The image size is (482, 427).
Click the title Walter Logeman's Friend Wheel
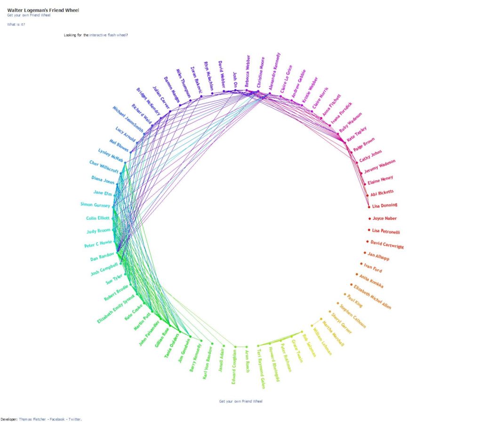(x=43, y=10)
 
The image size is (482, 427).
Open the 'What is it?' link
(x=16, y=24)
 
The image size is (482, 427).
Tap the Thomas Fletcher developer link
(x=33, y=419)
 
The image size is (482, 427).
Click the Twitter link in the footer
(x=75, y=419)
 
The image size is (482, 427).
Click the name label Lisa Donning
(x=385, y=206)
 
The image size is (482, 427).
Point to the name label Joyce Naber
(x=385, y=218)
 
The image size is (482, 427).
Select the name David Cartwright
(x=387, y=244)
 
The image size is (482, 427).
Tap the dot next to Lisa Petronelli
(x=369, y=230)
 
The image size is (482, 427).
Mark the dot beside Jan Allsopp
(x=365, y=253)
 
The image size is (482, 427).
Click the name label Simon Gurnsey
(x=96, y=204)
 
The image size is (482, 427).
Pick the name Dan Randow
(x=102, y=257)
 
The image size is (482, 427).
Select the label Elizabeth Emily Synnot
(x=116, y=307)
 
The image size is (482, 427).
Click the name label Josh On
(x=235, y=77)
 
